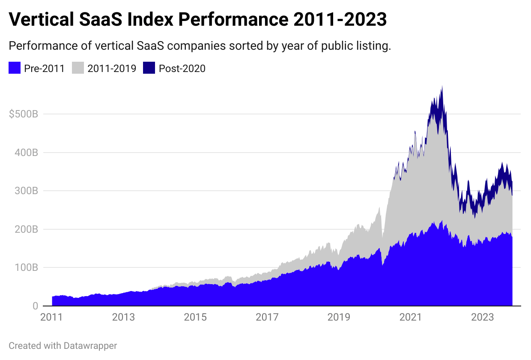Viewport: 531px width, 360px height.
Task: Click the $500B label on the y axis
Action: pos(24,114)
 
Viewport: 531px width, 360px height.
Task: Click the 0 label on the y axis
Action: pos(35,306)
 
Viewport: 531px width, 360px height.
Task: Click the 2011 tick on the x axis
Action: pos(51,318)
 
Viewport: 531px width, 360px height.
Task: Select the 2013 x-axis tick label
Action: pos(123,318)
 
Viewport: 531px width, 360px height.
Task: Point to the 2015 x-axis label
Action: pos(195,318)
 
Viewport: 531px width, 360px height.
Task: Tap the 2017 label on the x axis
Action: pos(267,318)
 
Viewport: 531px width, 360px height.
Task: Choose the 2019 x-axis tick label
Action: pos(339,318)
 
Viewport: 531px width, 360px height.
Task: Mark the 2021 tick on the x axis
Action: pos(411,318)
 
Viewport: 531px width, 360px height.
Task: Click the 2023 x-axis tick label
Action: pos(483,318)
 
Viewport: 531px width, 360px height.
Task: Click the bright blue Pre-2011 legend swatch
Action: pos(15,68)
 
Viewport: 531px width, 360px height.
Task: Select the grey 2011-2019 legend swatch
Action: pos(78,68)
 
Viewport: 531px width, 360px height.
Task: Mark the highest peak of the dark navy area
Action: pos(442,87)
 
